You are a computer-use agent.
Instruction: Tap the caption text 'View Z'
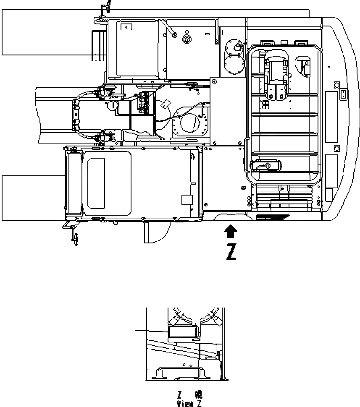(189, 403)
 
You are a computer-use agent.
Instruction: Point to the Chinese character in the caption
(198, 395)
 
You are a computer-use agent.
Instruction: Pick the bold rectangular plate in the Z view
(182, 333)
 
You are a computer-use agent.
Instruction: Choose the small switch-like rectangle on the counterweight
(343, 94)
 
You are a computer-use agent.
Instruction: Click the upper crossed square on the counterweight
(336, 85)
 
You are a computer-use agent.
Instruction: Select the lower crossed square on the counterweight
(336, 148)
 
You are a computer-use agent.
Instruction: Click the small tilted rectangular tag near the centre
(167, 103)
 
